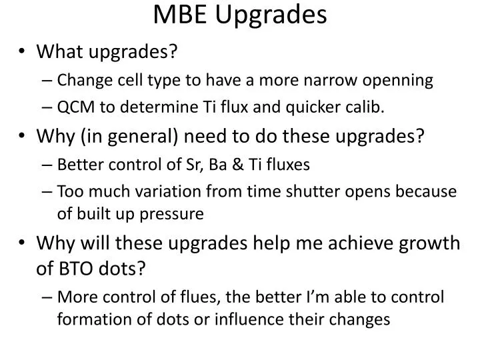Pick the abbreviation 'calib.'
[366, 107]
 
